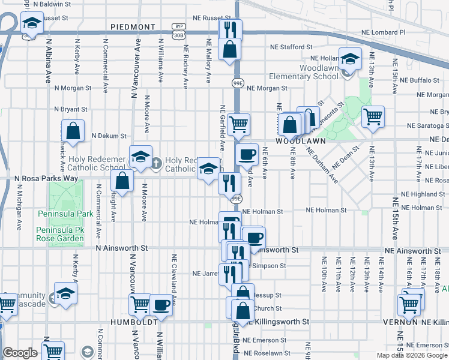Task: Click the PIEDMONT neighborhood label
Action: tap(133, 27)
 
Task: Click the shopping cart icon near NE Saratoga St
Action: tap(373, 116)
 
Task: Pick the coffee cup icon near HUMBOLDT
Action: tap(161, 304)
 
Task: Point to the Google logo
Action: tap(20, 353)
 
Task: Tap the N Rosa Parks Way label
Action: tap(46, 179)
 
